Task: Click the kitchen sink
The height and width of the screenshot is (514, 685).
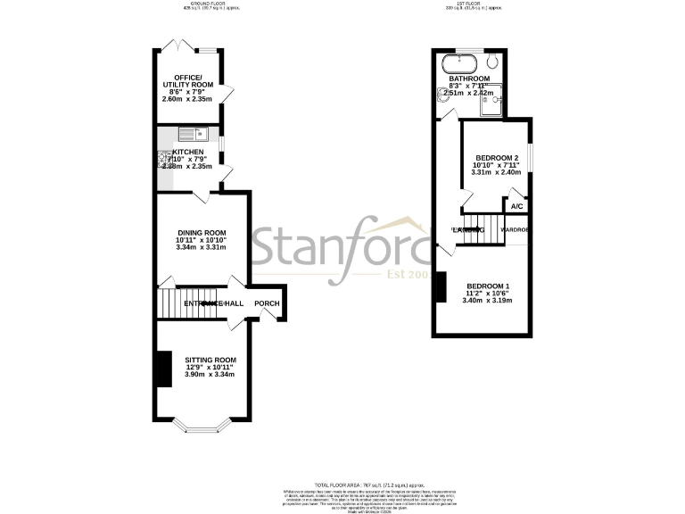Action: (x=192, y=136)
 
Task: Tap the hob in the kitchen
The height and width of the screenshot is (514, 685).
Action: (x=164, y=161)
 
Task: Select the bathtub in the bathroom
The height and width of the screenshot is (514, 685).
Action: (x=459, y=64)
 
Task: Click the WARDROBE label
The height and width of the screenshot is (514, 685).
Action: (x=515, y=230)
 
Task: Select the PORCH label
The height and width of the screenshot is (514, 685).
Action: (x=267, y=304)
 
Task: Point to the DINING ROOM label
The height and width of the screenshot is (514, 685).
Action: (x=201, y=230)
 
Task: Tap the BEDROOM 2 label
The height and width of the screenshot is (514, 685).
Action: (x=495, y=157)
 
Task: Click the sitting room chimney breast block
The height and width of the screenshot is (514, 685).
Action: (x=162, y=369)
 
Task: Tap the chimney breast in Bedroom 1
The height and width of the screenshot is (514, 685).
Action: (x=440, y=287)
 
